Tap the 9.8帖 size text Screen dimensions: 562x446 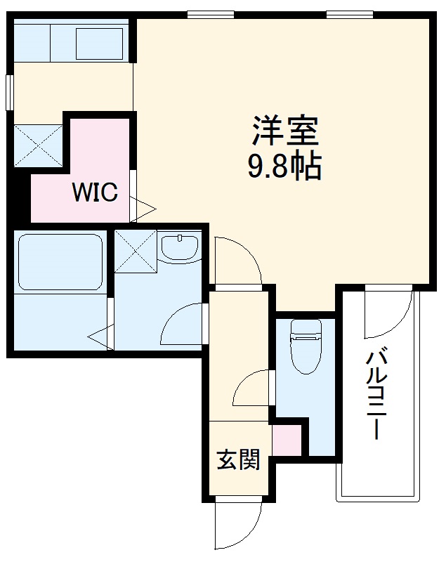[x=284, y=166]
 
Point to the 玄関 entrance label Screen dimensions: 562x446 [x=237, y=460]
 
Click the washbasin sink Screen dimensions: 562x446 [x=180, y=247]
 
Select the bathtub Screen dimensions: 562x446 [x=60, y=261]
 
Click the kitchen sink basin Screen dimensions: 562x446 [x=99, y=43]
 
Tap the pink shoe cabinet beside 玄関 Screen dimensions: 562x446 [x=286, y=440]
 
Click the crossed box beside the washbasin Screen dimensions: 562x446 [x=135, y=250]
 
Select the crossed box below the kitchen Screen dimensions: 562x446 [x=38, y=146]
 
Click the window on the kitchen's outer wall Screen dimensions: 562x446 [x=9, y=91]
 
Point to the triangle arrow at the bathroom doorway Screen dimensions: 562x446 [x=100, y=336]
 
